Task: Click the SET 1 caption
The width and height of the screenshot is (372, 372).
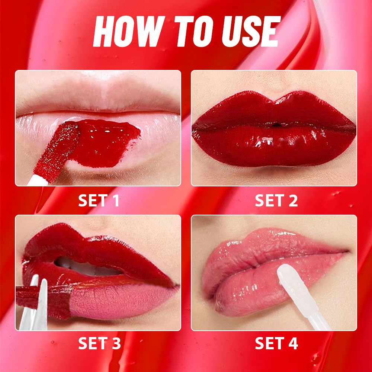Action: [99, 201]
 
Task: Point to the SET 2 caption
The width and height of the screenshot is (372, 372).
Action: [276, 201]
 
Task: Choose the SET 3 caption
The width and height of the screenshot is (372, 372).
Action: [99, 343]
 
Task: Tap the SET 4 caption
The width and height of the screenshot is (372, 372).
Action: [276, 343]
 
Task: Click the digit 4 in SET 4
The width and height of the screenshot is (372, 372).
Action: [293, 343]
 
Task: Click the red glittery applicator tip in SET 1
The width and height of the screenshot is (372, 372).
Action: [63, 151]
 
